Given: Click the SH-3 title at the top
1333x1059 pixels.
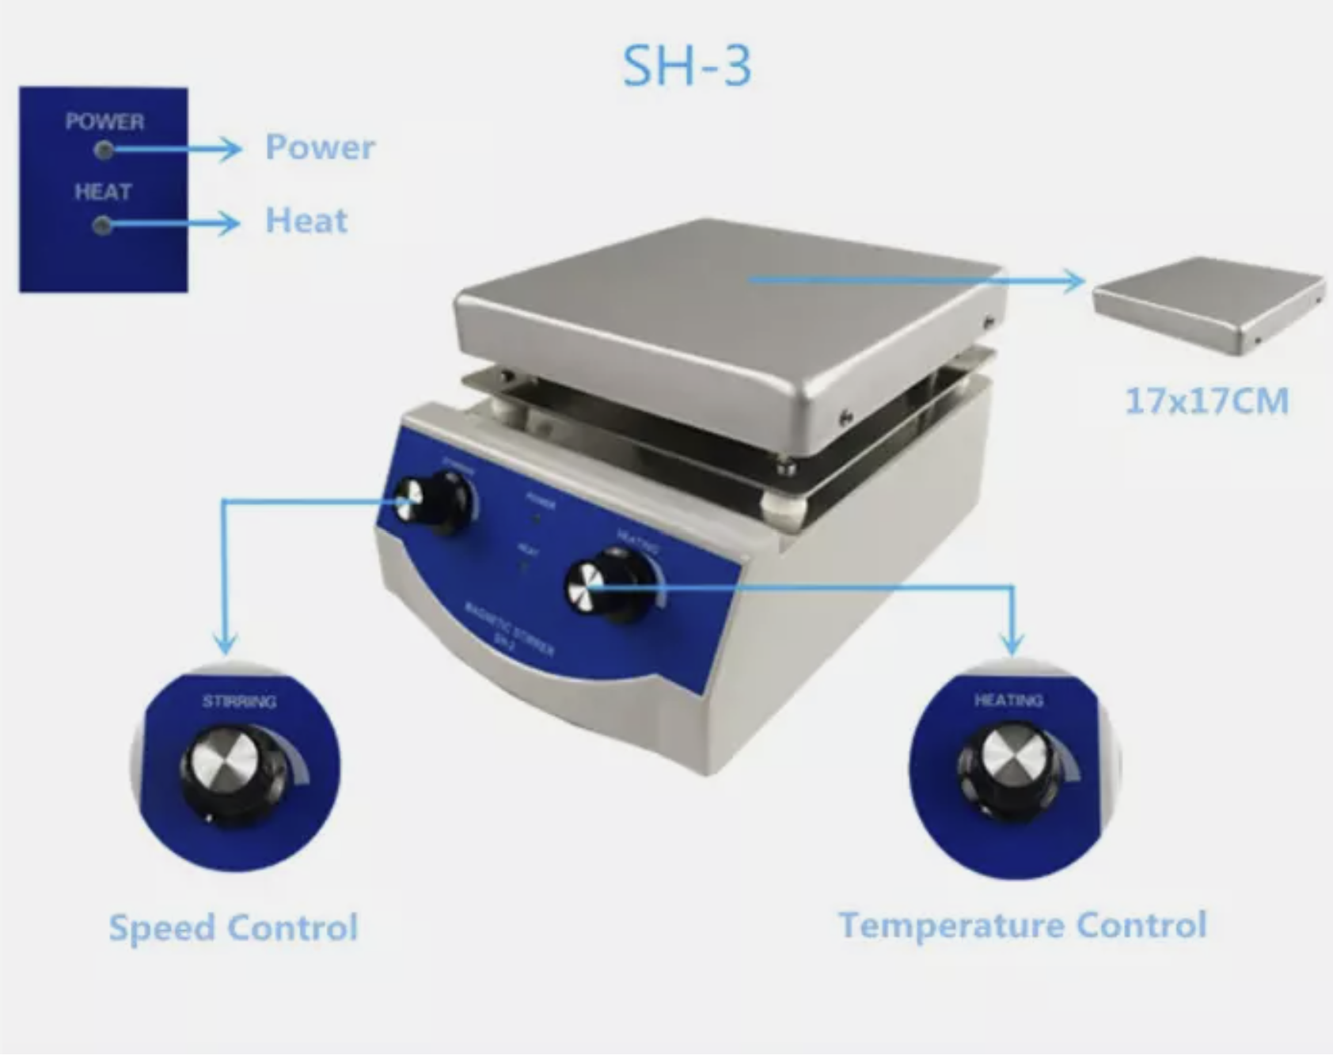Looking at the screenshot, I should pos(686,66).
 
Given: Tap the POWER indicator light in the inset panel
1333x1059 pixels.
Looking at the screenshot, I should pos(103,150).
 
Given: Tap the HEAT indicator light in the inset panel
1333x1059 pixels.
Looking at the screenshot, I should pos(102,226).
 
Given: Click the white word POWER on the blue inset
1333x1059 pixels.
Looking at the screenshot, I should pos(104,122).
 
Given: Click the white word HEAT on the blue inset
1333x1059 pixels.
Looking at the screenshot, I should pos(103,192).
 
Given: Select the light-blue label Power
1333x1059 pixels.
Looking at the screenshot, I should pos(320,147).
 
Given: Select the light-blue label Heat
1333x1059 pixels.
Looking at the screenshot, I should pos(306,221).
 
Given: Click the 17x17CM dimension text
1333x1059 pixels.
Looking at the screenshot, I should pos(1206,401).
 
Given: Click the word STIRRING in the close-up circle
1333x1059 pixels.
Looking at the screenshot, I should pos(239,701).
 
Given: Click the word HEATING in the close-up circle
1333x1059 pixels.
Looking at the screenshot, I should pos(1008,700).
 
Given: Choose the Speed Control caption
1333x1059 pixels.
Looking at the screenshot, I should pos(234,928).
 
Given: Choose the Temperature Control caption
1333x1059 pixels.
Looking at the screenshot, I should pos(1023,925).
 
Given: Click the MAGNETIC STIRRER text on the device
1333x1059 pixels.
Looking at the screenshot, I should pos(511,630).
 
